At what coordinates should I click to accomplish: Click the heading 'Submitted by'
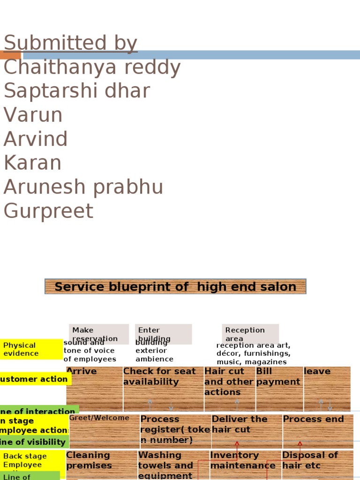tap(70, 43)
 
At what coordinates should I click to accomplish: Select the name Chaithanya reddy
tap(92, 67)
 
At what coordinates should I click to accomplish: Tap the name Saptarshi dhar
tap(77, 91)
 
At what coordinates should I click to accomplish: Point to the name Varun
tap(33, 115)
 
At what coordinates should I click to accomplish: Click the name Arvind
tap(36, 139)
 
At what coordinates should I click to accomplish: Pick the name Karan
tap(32, 163)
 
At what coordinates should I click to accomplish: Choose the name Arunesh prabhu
tap(83, 187)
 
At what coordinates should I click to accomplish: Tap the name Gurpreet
tap(48, 211)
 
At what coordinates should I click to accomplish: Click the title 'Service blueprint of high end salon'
tap(175, 286)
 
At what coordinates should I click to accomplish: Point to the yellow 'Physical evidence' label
tap(31, 349)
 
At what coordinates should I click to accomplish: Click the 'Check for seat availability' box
tap(163, 389)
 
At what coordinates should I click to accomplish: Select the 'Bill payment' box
tap(279, 389)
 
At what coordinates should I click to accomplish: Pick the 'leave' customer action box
tap(327, 389)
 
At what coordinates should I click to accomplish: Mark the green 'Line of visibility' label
tap(34, 442)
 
